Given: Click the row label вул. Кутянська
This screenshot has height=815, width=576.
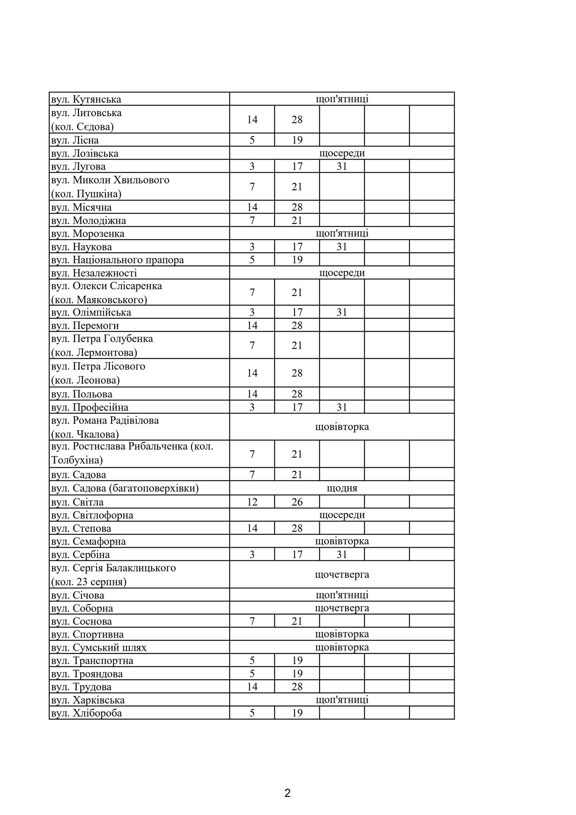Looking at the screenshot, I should coord(86,99).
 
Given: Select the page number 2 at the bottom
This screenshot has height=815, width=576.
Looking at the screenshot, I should coord(288,793).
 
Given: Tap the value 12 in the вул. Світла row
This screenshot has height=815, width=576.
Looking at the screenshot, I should coord(252,502).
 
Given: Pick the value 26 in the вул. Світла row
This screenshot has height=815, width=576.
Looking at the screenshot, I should coord(297,502).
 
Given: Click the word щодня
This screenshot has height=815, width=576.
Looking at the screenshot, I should coord(342,488).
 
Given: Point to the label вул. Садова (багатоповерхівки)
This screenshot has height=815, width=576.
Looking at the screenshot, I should coord(125,488).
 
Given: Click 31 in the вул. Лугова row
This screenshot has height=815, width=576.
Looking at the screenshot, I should coord(342,166).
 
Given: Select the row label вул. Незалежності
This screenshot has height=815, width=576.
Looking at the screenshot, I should coord(94,273).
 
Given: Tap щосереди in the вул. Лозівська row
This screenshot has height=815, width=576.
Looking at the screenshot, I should coord(342,153).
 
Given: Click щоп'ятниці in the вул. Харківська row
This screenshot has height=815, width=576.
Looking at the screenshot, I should coord(342,700).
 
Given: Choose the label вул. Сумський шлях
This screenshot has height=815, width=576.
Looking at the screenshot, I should coord(99,647).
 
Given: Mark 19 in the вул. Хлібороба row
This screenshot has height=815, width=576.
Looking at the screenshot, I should coord(297,713).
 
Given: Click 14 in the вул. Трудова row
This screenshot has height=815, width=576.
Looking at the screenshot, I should coord(252,686).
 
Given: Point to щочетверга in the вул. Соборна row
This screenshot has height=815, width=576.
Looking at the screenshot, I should coord(342,608).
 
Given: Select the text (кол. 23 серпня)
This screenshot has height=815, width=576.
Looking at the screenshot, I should coord(89,582).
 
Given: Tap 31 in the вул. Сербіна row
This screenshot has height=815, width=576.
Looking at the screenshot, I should coord(342,554).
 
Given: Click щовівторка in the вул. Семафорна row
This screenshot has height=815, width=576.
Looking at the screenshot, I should coord(342,541).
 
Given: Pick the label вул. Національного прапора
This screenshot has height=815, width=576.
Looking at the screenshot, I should coord(117,260).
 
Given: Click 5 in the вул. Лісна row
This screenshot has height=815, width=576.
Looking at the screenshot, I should coord(252,140).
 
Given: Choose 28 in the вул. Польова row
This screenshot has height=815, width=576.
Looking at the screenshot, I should coord(297,394).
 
